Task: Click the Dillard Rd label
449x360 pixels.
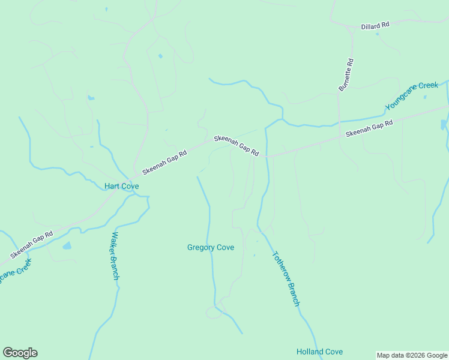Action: pyautogui.click(x=375, y=26)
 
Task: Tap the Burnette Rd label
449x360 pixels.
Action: pyautogui.click(x=346, y=74)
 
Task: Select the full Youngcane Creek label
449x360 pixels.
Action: pyautogui.click(x=412, y=95)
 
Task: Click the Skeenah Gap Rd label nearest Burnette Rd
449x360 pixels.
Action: pyautogui.click(x=369, y=128)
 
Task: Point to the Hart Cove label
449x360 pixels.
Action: pyautogui.click(x=122, y=186)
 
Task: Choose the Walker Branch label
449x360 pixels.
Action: pyautogui.click(x=115, y=256)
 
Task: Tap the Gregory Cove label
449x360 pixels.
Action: pyautogui.click(x=211, y=247)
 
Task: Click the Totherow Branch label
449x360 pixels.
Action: pyautogui.click(x=285, y=278)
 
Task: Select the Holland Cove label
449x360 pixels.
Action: pyautogui.click(x=319, y=352)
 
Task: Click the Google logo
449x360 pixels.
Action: pyautogui.click(x=20, y=353)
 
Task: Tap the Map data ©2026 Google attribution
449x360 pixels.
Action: pyautogui.click(x=412, y=355)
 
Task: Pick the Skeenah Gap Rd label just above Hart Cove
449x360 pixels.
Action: pyautogui.click(x=165, y=162)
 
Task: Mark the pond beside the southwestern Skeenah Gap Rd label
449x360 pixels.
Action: pyautogui.click(x=67, y=246)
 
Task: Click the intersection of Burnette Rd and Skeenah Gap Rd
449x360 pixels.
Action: pyautogui.click(x=340, y=137)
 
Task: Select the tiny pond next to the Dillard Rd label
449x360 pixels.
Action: pyautogui.click(x=377, y=34)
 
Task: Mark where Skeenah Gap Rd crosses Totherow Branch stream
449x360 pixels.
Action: pyautogui.click(x=266, y=156)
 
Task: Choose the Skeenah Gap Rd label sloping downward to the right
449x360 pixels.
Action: pyautogui.click(x=237, y=146)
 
